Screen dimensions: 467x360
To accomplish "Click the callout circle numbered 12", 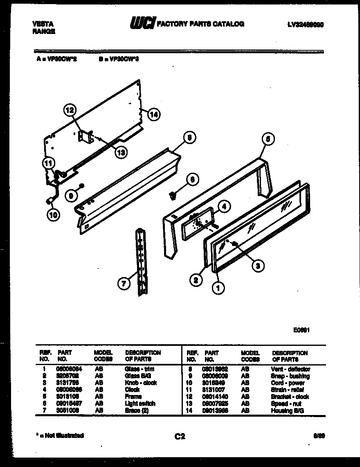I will [x=70, y=110].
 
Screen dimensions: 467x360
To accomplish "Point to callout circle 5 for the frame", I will [x=267, y=139].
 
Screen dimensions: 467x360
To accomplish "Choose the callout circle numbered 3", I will [x=257, y=266].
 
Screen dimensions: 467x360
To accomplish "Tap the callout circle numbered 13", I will [x=121, y=152].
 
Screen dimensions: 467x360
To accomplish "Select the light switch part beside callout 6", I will [x=173, y=196].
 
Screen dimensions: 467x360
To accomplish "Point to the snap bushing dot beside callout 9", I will [x=82, y=185].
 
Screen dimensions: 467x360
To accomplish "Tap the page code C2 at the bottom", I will [x=180, y=437].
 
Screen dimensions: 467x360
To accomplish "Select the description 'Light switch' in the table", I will [x=140, y=404].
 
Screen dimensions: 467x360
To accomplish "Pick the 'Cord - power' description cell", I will [x=288, y=383].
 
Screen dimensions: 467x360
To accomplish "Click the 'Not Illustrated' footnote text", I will [x=60, y=435].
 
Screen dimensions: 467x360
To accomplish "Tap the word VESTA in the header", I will [x=43, y=24].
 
